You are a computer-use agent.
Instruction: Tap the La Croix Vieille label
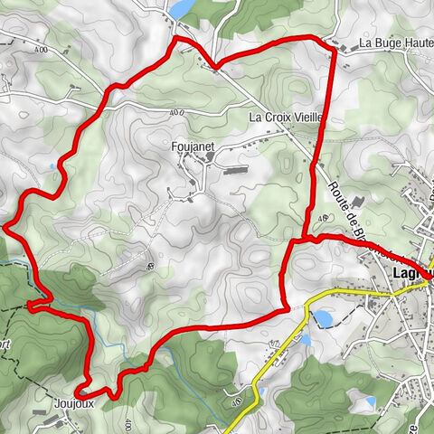[287, 118]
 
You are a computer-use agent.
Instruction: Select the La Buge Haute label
[393, 43]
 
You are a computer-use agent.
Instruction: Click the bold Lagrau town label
[412, 272]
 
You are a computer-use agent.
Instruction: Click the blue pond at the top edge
[183, 8]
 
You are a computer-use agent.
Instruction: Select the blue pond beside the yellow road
[322, 318]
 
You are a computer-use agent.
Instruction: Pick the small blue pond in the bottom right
[369, 401]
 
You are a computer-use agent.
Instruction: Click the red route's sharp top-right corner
[334, 47]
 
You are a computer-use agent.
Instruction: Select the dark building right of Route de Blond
[355, 200]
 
